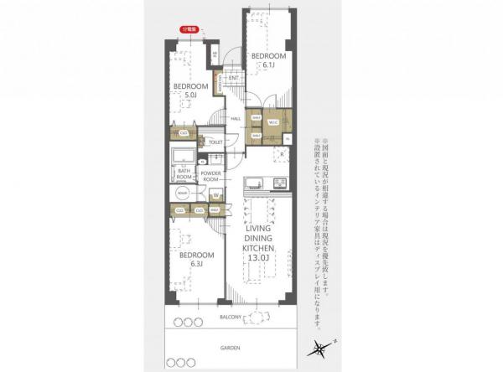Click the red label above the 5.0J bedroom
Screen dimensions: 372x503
pyautogui.click(x=189, y=28)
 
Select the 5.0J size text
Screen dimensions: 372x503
pyautogui.click(x=190, y=95)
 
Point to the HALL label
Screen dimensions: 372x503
pyautogui.click(x=236, y=118)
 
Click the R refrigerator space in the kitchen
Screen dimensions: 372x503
pyautogui.click(x=283, y=155)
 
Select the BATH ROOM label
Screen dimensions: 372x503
pyautogui.click(x=184, y=174)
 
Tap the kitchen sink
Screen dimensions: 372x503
pyautogui.click(x=254, y=183)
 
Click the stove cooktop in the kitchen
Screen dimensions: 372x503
pyautogui.click(x=279, y=183)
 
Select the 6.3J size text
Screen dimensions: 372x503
pyautogui.click(x=194, y=264)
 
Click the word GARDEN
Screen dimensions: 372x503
pyautogui.click(x=231, y=347)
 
